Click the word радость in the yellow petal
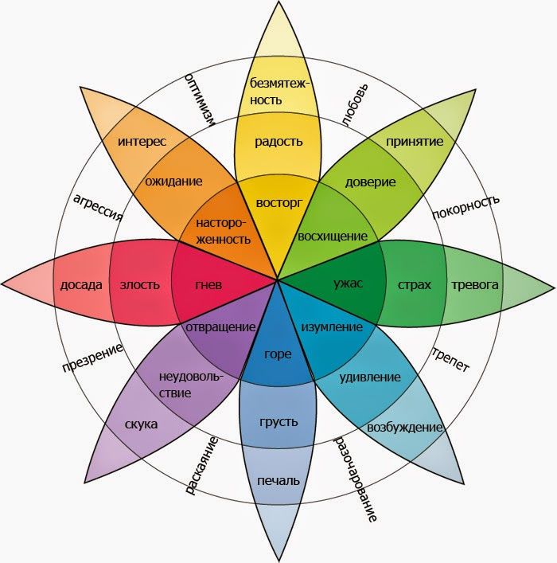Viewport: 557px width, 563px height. [x=278, y=142]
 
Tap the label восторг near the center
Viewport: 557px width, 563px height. [x=278, y=203]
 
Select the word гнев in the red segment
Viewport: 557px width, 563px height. [x=208, y=285]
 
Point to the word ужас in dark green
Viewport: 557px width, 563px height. [x=349, y=283]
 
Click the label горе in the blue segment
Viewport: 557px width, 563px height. [x=278, y=354]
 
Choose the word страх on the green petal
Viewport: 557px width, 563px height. [x=414, y=285]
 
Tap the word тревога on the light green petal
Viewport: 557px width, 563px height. [x=475, y=285]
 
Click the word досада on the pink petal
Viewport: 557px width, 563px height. [x=81, y=285]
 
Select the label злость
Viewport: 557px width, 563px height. [x=139, y=285]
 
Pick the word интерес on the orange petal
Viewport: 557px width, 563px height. [x=142, y=141]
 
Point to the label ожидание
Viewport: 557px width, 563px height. [x=173, y=182]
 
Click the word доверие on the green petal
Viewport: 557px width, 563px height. [x=370, y=182]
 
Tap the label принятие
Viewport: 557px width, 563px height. [x=415, y=142]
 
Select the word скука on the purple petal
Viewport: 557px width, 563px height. [x=141, y=424]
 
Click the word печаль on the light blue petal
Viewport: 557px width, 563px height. [x=278, y=481]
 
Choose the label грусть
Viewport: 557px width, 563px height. [x=278, y=422]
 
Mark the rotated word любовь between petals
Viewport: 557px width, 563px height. [x=355, y=105]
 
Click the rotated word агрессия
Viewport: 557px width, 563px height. [x=98, y=208]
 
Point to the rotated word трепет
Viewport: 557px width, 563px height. [x=450, y=360]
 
